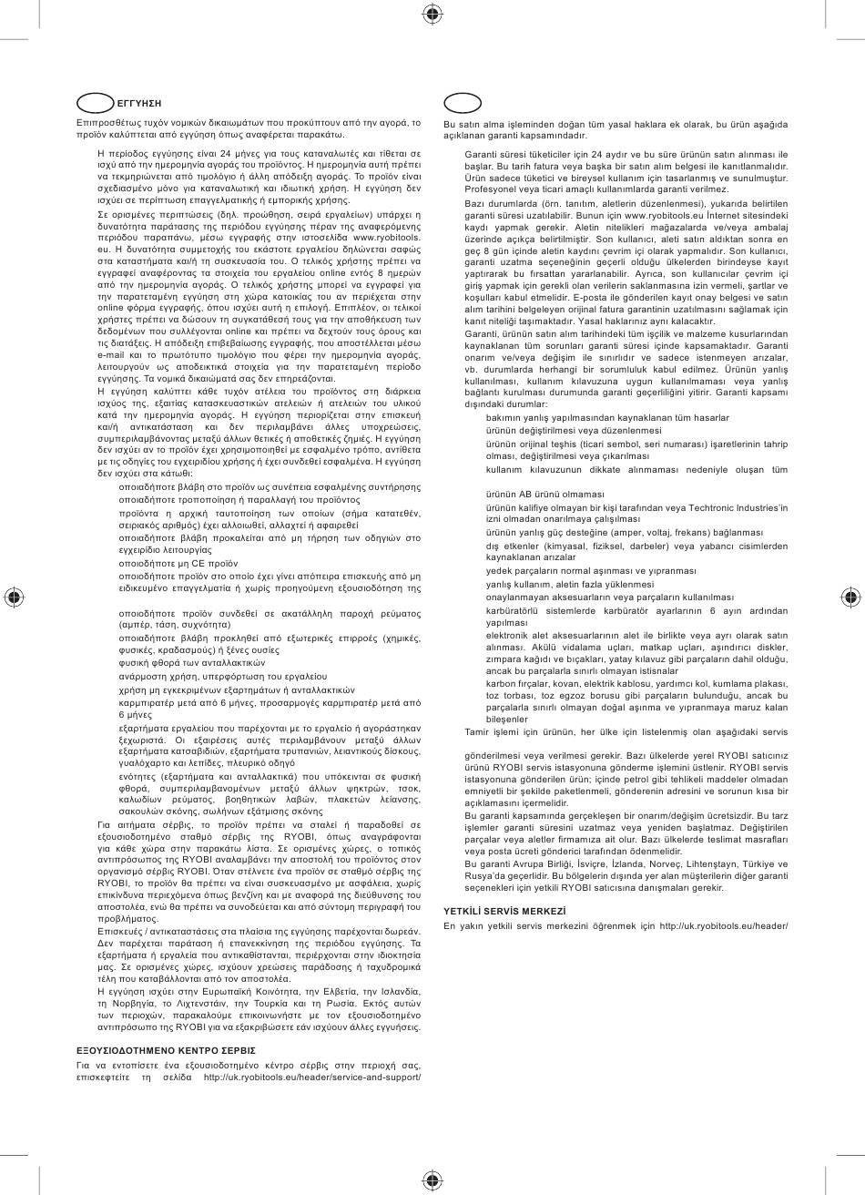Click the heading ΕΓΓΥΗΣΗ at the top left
coord(127,102)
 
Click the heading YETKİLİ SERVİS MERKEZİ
coord(504,910)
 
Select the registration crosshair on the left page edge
coord(14,597)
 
